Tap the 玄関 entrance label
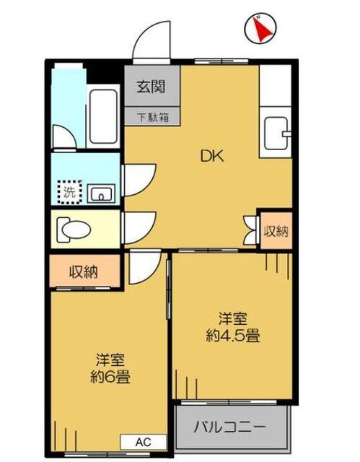coord(152,87)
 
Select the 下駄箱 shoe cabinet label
coord(153,118)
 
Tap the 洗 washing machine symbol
coord(70,192)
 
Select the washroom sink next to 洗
coord(102,193)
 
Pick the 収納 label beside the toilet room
coord(84,272)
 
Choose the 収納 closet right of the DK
coord(276,232)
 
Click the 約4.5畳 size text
coord(233,335)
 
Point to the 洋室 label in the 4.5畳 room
coord(233,317)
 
